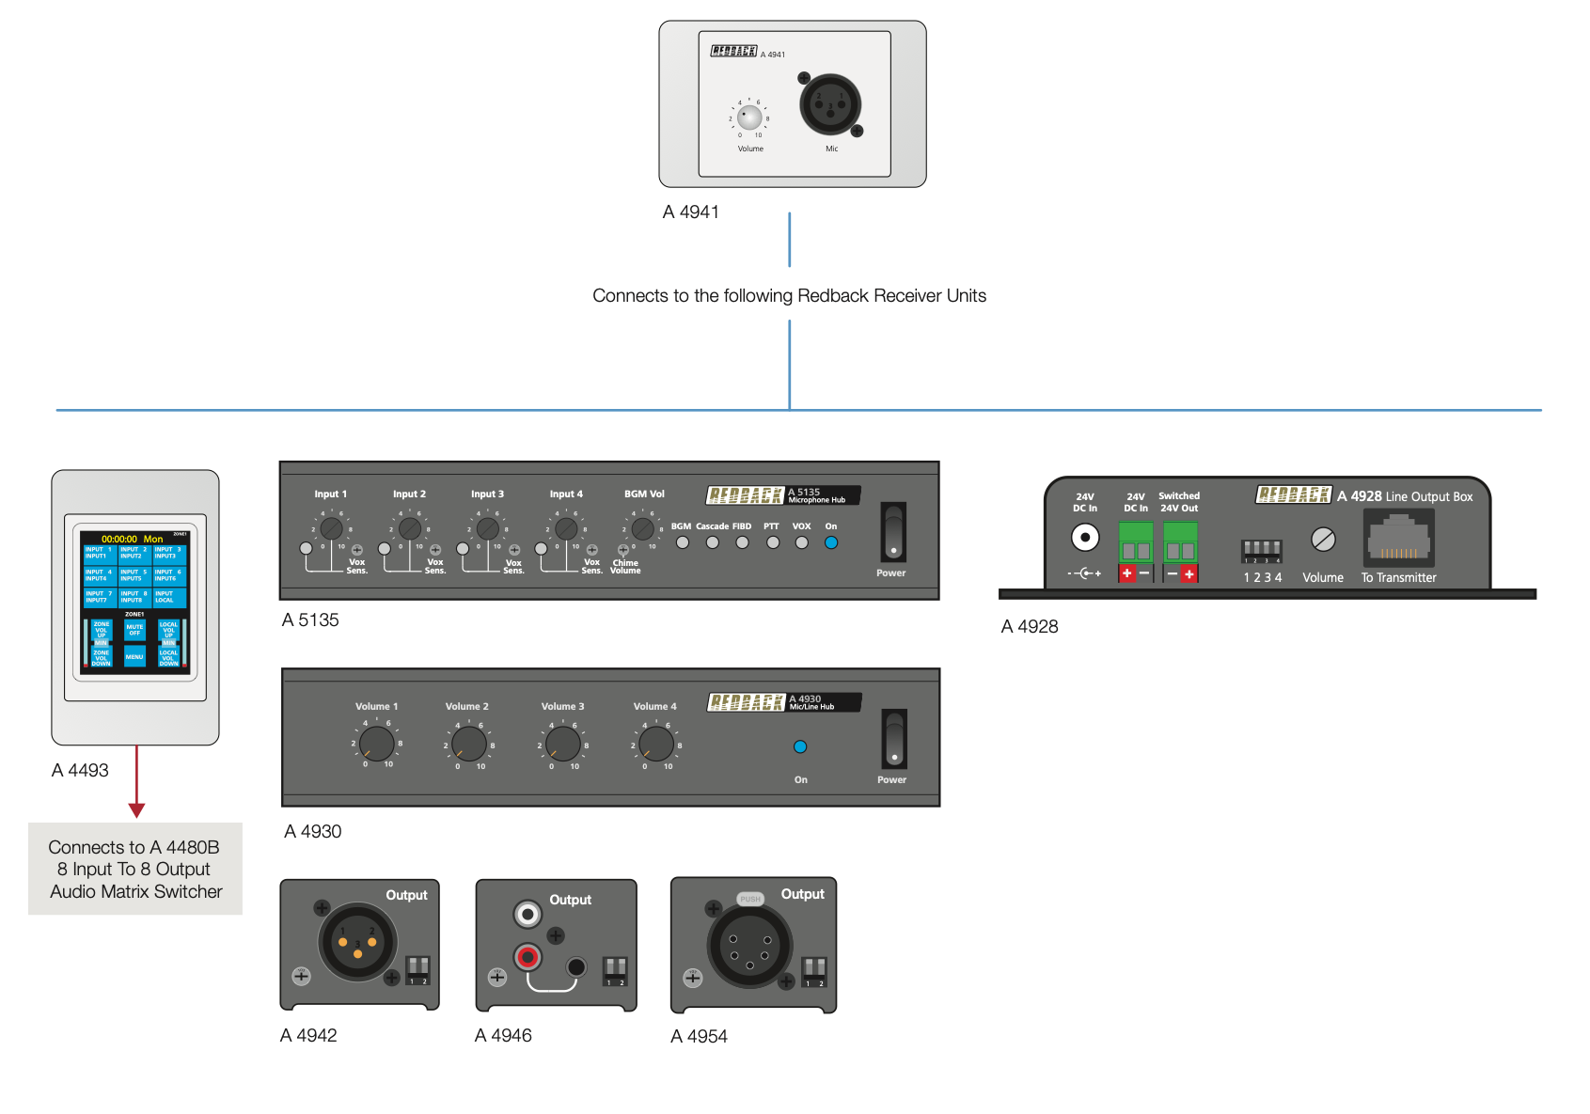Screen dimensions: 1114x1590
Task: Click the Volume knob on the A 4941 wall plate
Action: coord(749,118)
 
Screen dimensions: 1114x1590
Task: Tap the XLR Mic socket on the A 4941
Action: coord(830,104)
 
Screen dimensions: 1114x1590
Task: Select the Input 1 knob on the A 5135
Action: coord(331,528)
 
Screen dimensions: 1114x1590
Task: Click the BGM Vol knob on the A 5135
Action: coord(643,528)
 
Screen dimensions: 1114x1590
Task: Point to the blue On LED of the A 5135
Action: coord(831,542)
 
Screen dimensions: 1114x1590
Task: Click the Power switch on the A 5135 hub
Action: coord(893,532)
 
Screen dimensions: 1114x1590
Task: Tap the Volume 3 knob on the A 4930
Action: coord(563,744)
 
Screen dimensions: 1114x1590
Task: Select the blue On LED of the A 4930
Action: coord(800,746)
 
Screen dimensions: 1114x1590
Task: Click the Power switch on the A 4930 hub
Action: coord(894,739)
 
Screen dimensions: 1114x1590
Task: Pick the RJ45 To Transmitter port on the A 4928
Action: coord(1399,540)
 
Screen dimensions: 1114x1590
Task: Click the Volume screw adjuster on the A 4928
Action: coord(1323,540)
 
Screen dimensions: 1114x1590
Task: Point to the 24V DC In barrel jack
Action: coord(1085,538)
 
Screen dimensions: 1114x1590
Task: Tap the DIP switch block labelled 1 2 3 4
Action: coord(1262,549)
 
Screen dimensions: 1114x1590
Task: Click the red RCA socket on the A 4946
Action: coord(528,958)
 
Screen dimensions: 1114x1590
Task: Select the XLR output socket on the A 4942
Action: coord(358,941)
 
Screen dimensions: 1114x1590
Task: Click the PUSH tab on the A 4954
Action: coord(750,900)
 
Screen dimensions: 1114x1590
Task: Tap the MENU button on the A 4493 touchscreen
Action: coord(134,656)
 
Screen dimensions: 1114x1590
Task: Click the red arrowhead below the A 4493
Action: coord(136,810)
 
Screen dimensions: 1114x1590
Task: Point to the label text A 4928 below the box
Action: coord(1030,627)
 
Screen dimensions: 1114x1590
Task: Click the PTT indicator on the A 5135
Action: coord(772,542)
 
